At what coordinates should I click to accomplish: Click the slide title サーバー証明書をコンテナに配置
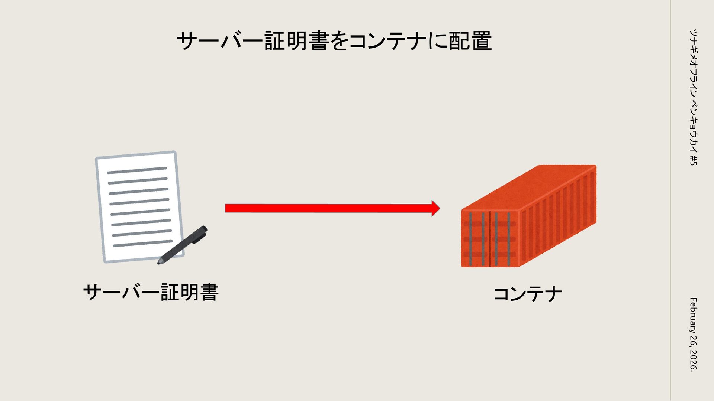[334, 41]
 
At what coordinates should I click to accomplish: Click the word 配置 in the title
[470, 41]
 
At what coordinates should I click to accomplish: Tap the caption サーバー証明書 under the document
[151, 292]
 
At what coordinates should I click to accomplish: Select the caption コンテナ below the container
[527, 294]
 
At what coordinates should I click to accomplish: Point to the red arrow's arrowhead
[435, 208]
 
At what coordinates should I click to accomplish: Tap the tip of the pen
[160, 263]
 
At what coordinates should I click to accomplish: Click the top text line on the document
[137, 170]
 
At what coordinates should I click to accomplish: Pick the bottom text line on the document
[142, 244]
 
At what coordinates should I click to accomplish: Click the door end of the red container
[489, 239]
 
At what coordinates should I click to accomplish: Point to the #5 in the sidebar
[693, 160]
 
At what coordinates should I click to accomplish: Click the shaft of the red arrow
[327, 208]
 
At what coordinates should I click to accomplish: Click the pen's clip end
[203, 230]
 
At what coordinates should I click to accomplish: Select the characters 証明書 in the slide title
[296, 41]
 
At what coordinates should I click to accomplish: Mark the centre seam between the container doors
[490, 239]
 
